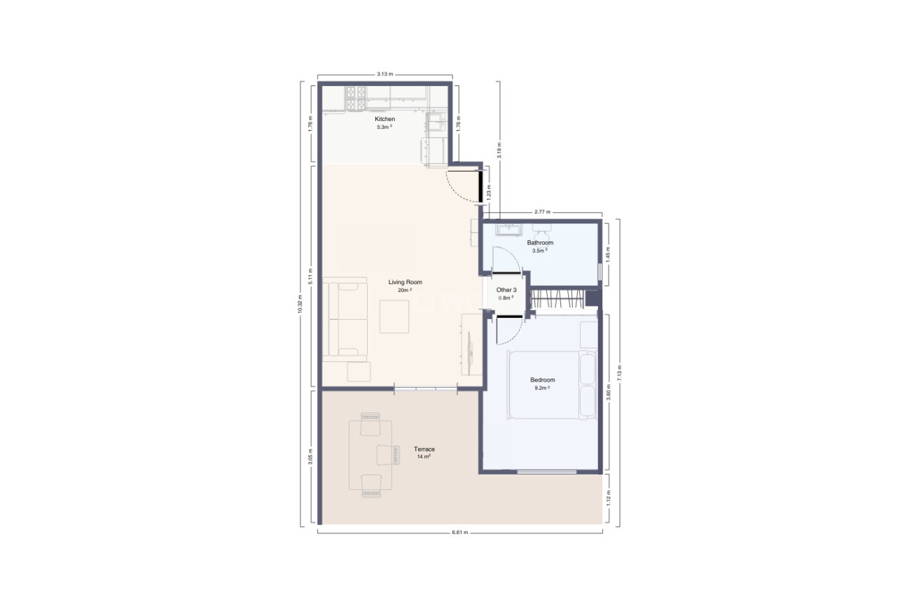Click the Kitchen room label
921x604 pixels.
(385, 120)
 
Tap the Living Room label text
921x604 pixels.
(405, 282)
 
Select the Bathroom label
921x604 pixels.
(540, 243)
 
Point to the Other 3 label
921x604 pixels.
(506, 290)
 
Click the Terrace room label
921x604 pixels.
(424, 449)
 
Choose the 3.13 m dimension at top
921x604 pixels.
(385, 73)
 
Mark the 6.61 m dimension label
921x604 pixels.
(459, 533)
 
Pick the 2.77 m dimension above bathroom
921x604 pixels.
(541, 211)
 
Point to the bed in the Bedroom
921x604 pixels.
(550, 385)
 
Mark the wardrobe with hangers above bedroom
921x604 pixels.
(558, 299)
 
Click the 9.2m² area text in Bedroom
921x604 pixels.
(541, 388)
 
